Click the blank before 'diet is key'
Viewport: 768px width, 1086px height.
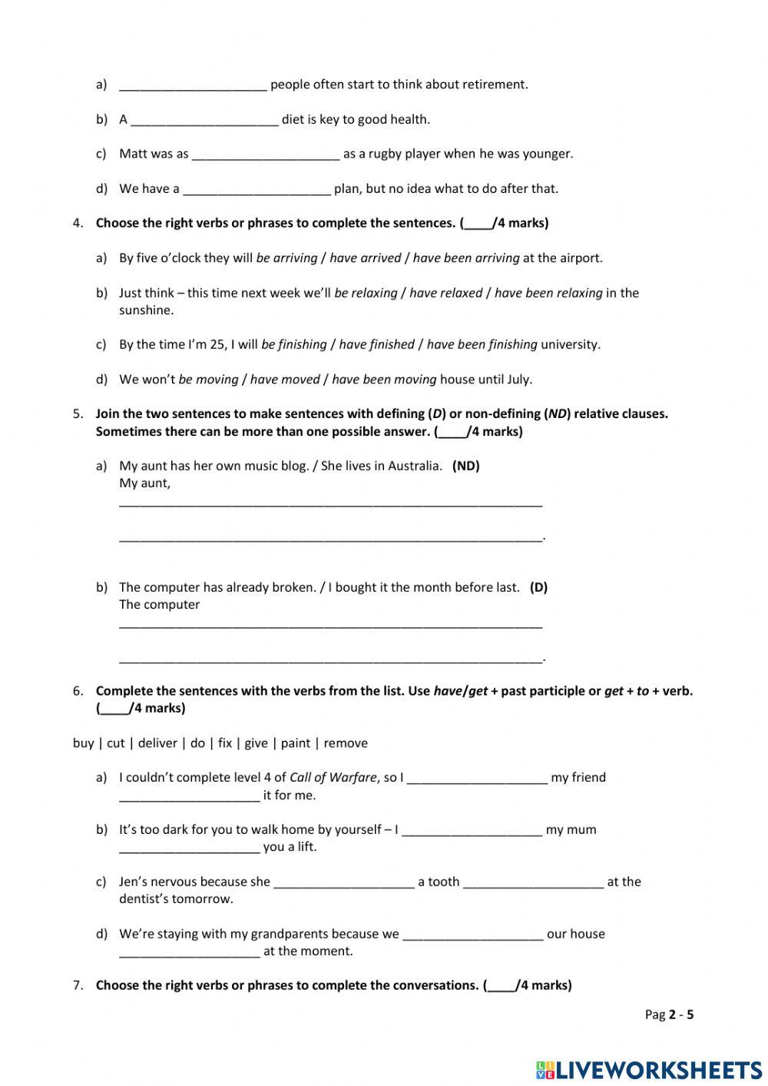click(x=204, y=120)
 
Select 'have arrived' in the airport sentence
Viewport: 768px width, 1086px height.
click(x=365, y=258)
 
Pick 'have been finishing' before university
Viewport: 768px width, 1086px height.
click(x=482, y=344)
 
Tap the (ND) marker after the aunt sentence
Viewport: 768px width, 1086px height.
click(x=466, y=466)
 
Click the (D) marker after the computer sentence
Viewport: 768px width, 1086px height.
click(x=538, y=587)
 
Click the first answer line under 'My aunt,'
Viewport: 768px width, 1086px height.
click(x=330, y=503)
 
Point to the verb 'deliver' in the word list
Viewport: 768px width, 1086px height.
click(x=157, y=743)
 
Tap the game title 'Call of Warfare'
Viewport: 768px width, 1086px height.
click(x=333, y=778)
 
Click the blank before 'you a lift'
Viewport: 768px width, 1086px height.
click(x=190, y=848)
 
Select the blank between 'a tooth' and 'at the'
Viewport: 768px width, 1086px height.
click(x=533, y=882)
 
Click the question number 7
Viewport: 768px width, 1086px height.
click(x=78, y=985)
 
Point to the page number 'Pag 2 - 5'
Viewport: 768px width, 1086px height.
click(x=669, y=1015)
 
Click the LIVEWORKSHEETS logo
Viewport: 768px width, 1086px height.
click(x=649, y=1069)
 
